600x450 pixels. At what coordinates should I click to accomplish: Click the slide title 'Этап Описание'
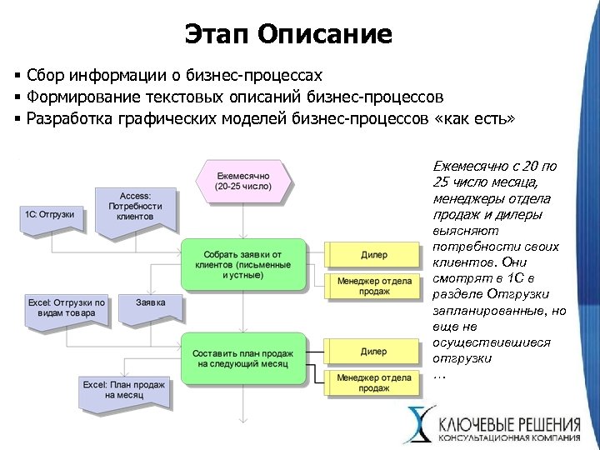coord(287,34)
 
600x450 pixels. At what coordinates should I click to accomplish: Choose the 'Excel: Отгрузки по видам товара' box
coord(67,308)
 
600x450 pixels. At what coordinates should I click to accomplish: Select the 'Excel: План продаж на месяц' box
coord(124,391)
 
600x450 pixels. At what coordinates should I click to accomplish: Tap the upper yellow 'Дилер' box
coord(373,254)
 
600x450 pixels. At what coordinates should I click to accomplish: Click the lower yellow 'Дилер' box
coord(373,351)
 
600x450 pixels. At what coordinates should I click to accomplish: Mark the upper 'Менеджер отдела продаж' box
coord(374,286)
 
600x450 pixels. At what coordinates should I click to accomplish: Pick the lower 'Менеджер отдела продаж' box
coord(374,382)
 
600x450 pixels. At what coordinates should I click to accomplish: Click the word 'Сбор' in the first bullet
coord(47,76)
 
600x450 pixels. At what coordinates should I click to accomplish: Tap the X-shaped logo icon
coord(418,424)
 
